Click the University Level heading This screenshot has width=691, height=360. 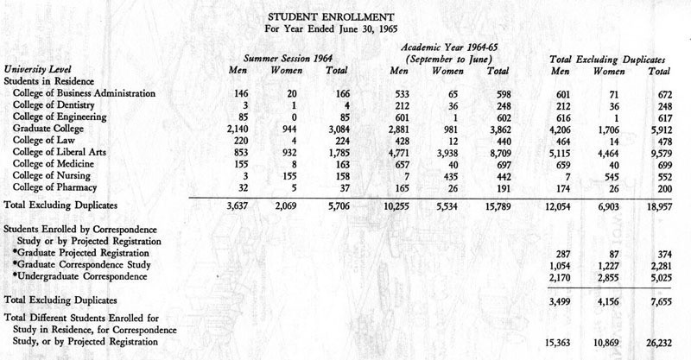tap(36, 68)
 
